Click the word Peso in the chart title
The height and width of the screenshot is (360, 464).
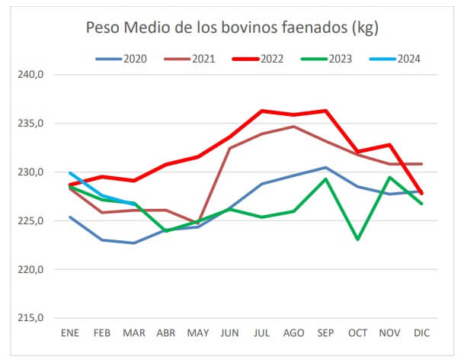point(104,29)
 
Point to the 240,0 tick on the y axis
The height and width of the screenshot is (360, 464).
point(32,75)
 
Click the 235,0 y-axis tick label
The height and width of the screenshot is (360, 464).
point(32,123)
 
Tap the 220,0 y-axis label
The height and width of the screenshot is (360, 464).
point(32,269)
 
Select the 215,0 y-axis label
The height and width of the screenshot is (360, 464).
point(32,318)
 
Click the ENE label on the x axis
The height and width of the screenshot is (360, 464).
point(71,333)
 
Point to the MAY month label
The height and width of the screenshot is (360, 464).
point(198,333)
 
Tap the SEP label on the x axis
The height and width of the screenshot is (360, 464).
point(325,333)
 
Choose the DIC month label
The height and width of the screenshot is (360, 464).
point(421,333)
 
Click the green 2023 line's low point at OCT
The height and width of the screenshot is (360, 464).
point(357,239)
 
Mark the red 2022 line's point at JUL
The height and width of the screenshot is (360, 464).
point(262,111)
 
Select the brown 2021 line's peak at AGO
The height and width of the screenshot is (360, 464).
point(294,127)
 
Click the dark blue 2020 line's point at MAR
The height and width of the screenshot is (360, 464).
point(134,243)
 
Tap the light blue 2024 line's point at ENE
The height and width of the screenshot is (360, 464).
point(71,173)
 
